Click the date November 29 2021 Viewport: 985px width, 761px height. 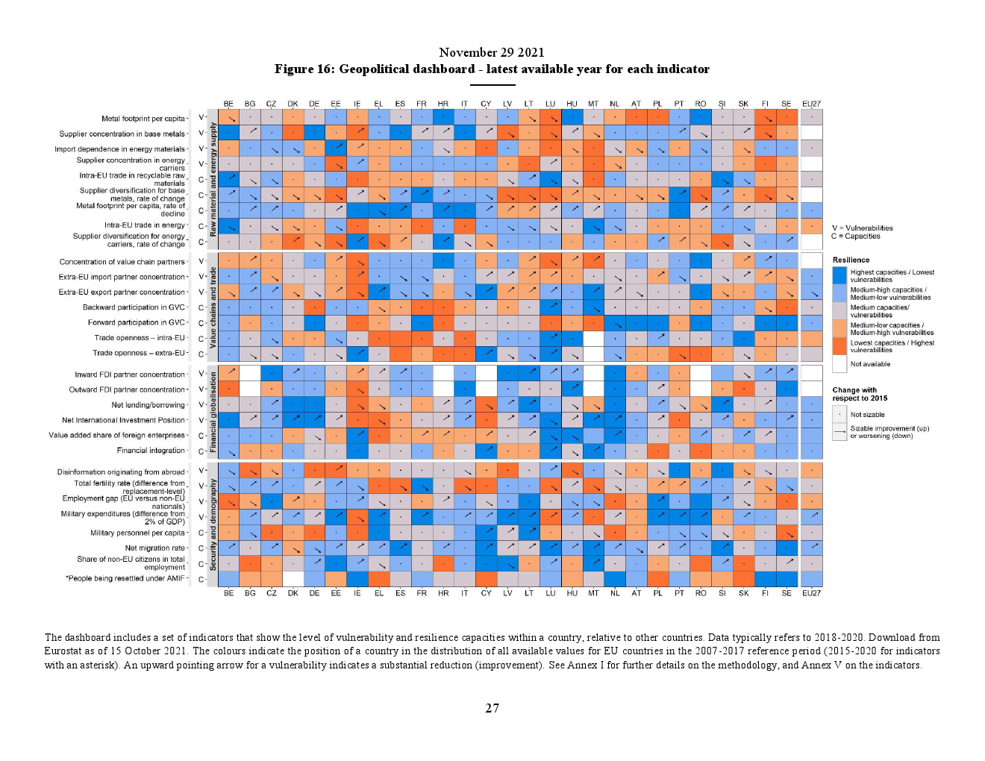click(492, 52)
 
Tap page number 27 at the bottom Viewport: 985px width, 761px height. click(492, 708)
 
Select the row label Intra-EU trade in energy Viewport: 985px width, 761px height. click(144, 225)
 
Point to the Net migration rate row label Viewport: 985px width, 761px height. click(154, 548)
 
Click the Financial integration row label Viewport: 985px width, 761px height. click(151, 451)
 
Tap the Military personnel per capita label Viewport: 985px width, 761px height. click(137, 533)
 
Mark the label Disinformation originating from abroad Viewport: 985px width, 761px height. click(121, 472)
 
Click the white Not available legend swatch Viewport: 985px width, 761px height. click(839, 364)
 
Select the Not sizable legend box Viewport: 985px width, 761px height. click(839, 415)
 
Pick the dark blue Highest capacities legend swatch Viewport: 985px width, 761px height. click(839, 275)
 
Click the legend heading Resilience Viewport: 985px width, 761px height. click(851, 260)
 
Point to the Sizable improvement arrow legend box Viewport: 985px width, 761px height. click(839, 432)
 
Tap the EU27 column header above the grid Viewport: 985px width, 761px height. click(811, 104)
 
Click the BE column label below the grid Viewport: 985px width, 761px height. click(228, 593)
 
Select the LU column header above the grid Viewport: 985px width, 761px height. click(550, 104)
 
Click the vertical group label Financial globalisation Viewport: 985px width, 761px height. click(213, 413)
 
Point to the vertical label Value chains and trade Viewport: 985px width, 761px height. click(213, 307)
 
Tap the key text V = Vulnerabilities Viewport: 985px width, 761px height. click(862, 228)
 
